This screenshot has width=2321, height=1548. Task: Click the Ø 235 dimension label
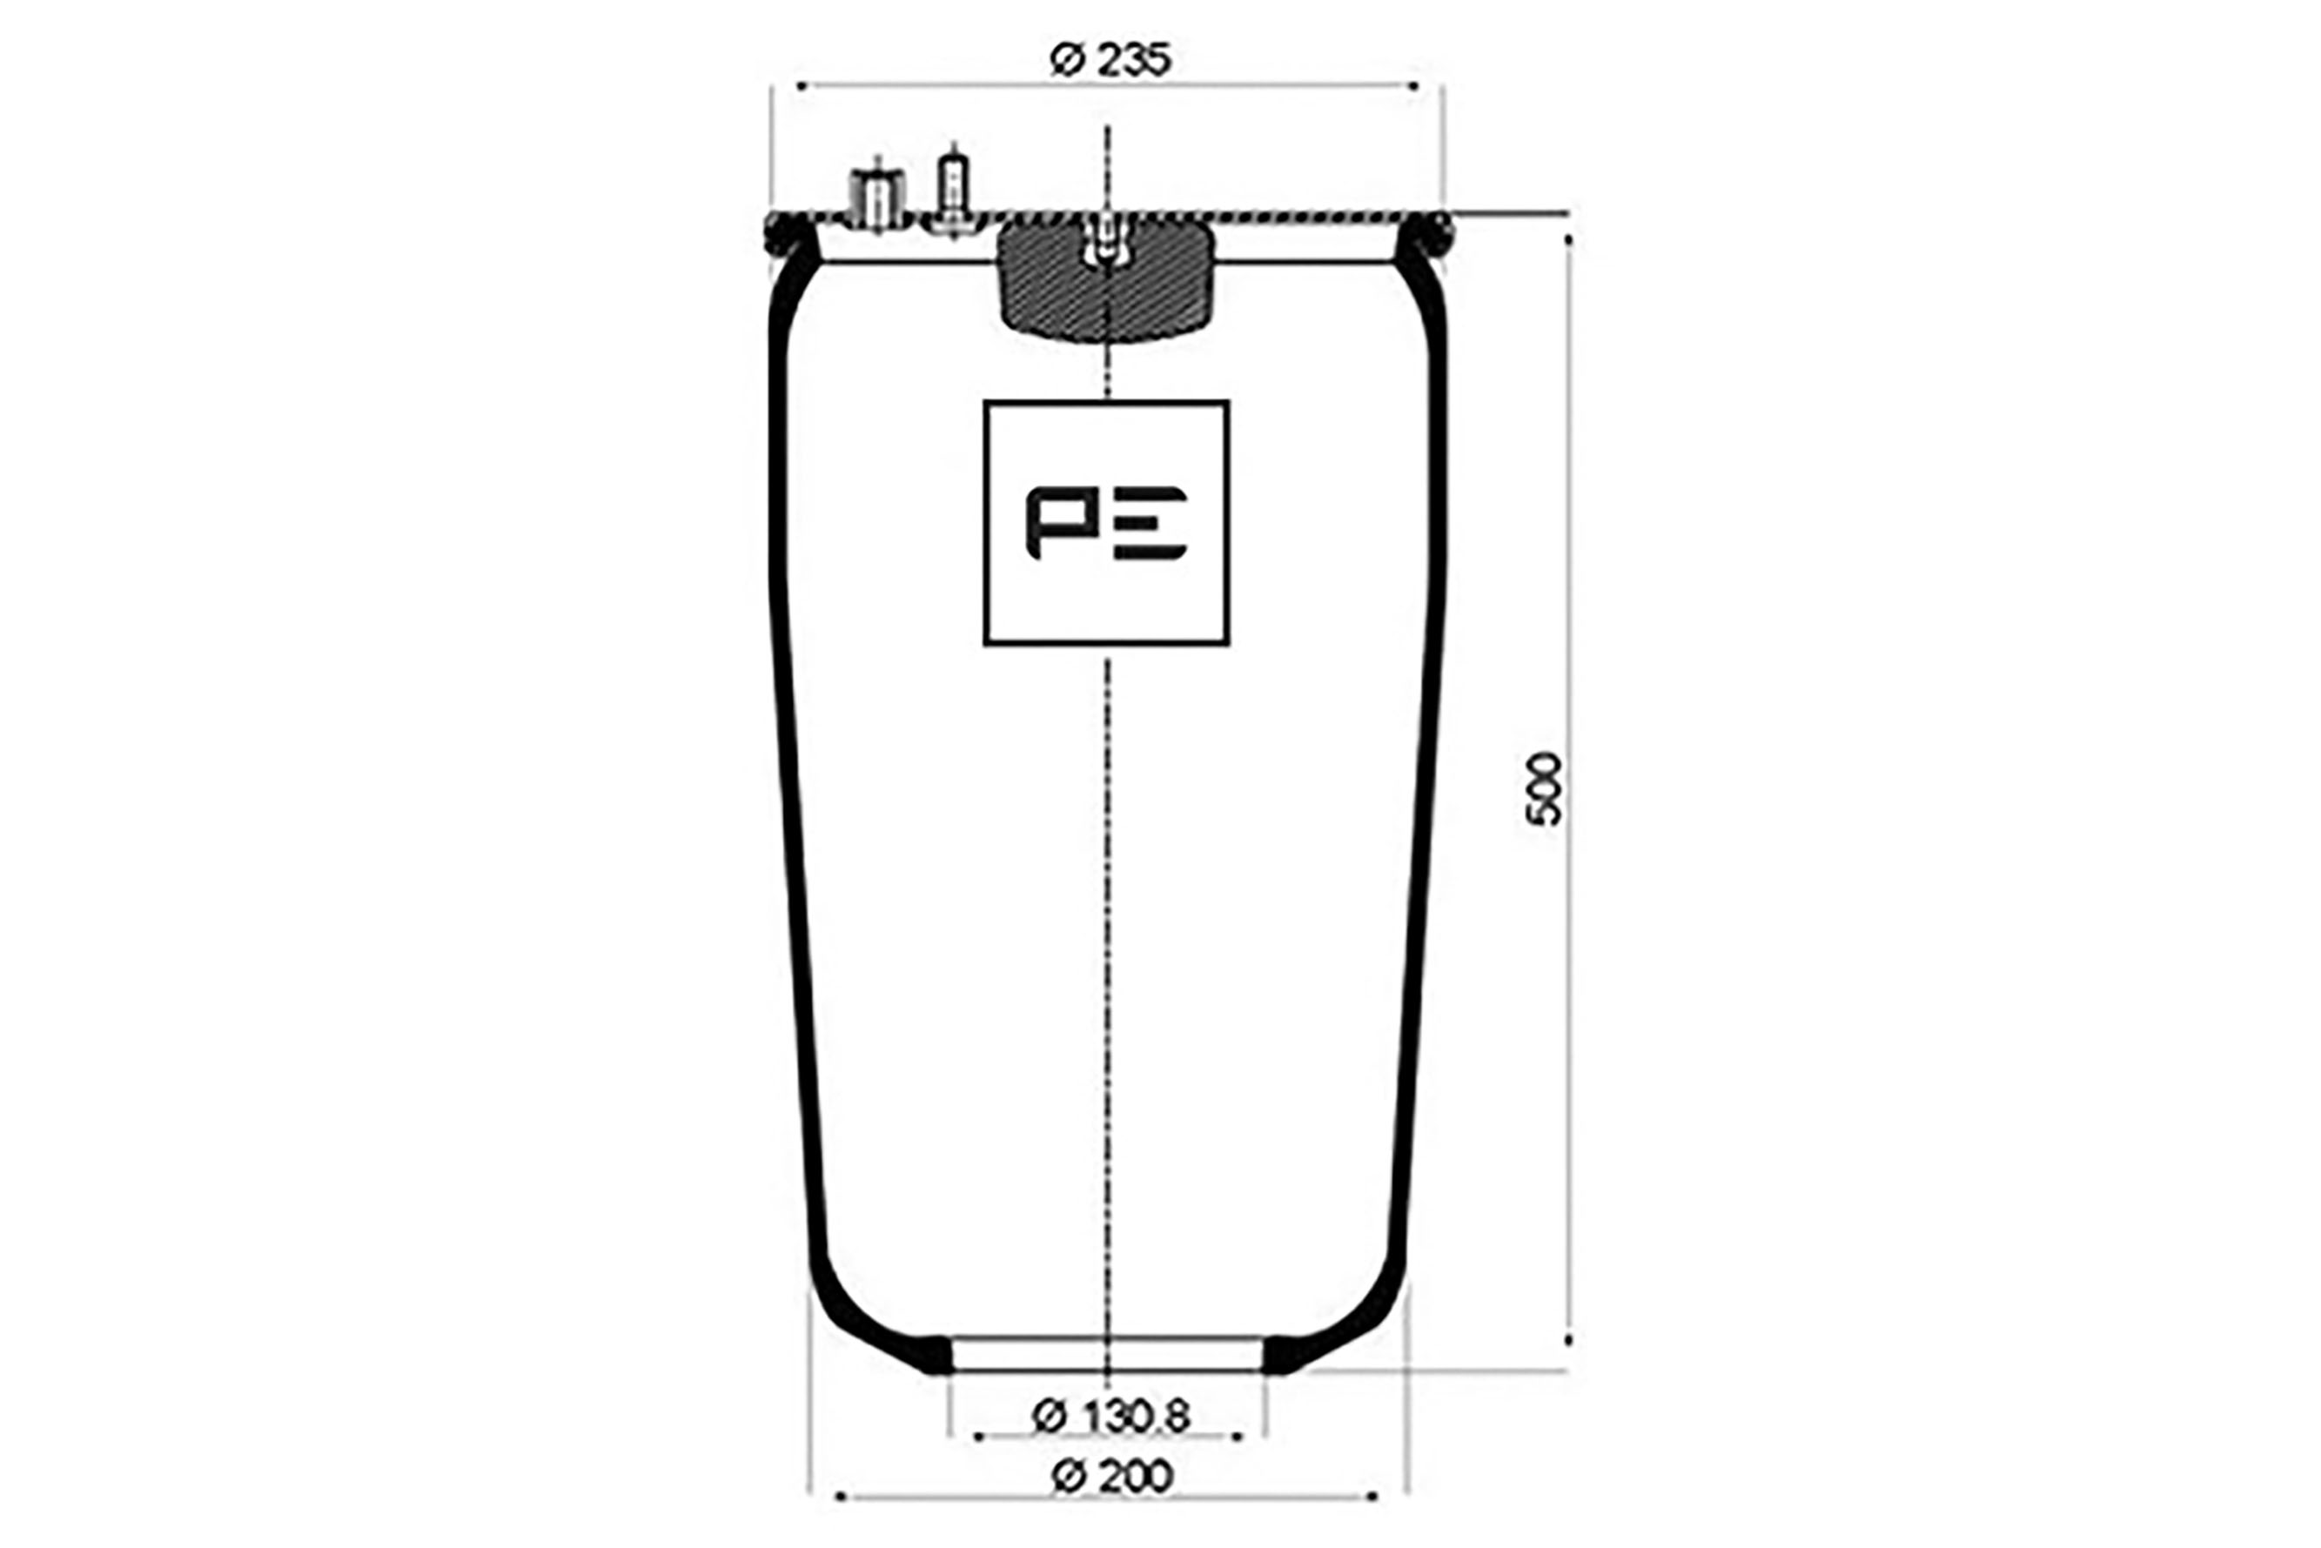(x=1110, y=60)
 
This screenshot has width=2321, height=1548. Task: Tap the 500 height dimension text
(x=1544, y=789)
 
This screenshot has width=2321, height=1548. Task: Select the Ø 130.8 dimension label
(x=1110, y=1417)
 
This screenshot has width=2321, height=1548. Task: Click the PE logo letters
(x=1106, y=523)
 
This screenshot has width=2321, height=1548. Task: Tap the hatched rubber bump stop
(x=1106, y=282)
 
